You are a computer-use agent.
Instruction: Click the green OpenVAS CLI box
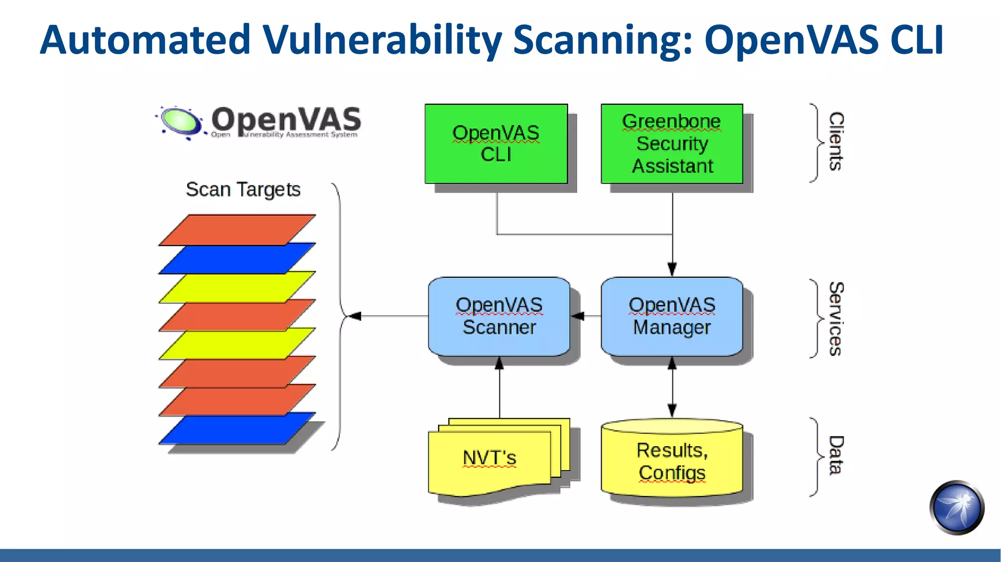[x=496, y=144]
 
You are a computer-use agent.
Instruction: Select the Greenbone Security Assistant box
[x=672, y=144]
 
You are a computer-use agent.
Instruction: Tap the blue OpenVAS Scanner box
[x=499, y=316]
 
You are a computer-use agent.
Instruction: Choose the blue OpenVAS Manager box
[x=672, y=316]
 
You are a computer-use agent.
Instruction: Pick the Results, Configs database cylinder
[x=672, y=459]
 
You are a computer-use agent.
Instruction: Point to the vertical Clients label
[x=836, y=142]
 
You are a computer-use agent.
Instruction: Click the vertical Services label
[x=836, y=319]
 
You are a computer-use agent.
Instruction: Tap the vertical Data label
[x=836, y=455]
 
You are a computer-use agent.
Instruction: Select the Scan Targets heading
[x=243, y=190]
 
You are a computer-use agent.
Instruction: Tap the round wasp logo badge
[x=957, y=508]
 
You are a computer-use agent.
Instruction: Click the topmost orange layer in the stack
[x=237, y=230]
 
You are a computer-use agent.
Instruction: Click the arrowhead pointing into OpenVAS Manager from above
[x=672, y=269]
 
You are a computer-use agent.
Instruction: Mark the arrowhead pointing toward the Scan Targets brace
[x=355, y=316]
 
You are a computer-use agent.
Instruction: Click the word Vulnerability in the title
[x=382, y=40]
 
